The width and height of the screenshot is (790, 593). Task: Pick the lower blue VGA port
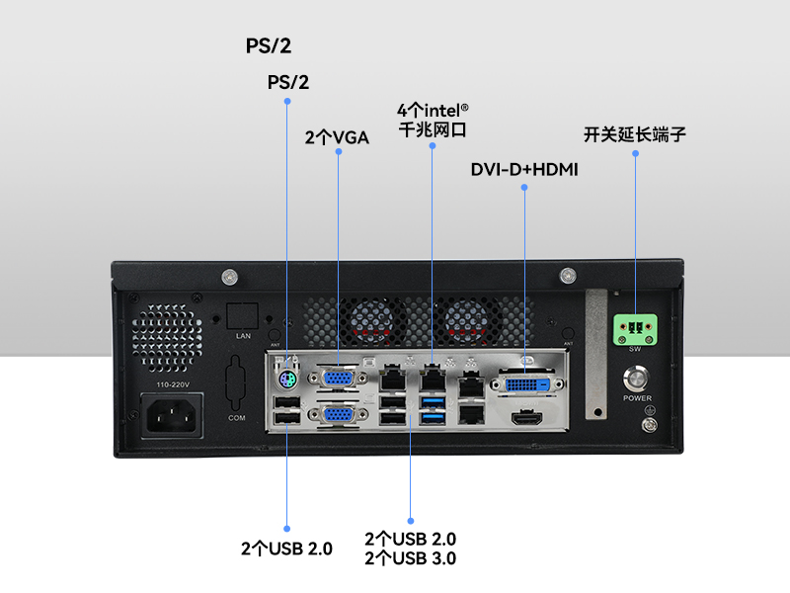339,417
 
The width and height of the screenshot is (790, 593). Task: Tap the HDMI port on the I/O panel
527,419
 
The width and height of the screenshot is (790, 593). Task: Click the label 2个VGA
337,137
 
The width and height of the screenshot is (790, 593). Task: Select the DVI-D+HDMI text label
524,169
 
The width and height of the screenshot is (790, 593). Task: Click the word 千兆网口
432,128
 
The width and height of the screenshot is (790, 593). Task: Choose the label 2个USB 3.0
410,558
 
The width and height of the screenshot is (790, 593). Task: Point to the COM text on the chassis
237,418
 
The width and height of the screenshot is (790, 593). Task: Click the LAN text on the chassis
243,336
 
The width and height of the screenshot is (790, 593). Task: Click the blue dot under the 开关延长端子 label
634,153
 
